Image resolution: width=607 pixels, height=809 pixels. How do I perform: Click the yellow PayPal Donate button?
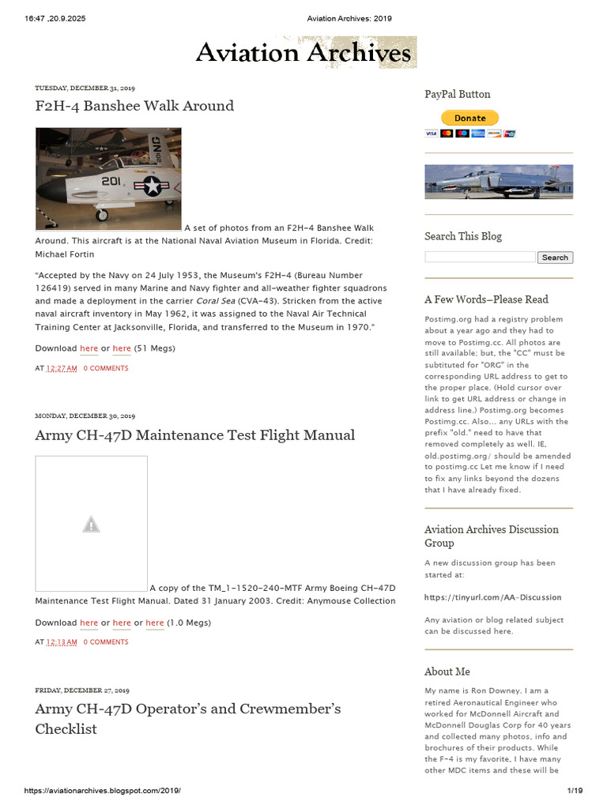[469, 119]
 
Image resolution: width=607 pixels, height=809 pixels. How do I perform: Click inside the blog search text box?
[480, 257]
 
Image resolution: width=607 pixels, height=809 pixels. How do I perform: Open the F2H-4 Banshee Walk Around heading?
[134, 106]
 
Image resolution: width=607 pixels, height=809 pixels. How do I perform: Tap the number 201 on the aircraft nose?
[111, 181]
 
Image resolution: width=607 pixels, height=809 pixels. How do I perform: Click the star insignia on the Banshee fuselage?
[152, 186]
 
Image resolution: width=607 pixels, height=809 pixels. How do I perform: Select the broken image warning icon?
[91, 524]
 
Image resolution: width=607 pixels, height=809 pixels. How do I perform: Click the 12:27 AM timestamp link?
[62, 368]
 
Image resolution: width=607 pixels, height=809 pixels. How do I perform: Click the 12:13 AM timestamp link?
[62, 642]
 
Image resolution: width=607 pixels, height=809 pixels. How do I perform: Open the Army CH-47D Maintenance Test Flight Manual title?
[194, 435]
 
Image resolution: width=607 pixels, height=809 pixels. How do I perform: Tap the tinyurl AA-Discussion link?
[492, 597]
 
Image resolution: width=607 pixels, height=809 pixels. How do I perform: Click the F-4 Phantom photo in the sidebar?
[498, 182]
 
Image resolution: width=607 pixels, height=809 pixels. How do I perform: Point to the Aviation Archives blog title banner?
[304, 53]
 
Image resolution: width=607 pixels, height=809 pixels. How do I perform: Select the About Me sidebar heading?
[447, 672]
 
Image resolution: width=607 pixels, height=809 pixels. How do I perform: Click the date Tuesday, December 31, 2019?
[85, 88]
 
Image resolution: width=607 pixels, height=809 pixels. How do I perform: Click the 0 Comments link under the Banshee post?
[106, 368]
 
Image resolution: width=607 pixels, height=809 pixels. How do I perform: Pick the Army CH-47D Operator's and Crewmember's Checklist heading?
[187, 718]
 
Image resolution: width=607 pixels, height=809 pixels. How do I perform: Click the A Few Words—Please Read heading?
[486, 299]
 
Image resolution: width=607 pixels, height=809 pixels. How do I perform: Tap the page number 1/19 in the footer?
[575, 790]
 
